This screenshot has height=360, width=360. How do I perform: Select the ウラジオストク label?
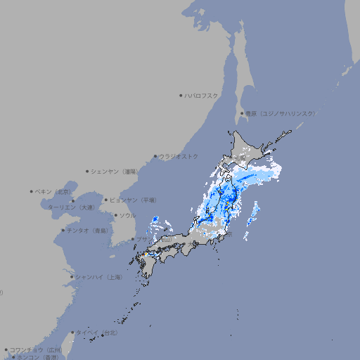[x=179, y=156]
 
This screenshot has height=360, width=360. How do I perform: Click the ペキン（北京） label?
[x=53, y=191]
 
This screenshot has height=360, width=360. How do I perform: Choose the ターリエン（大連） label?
[x=70, y=207]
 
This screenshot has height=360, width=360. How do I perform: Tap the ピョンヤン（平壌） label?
[x=133, y=200]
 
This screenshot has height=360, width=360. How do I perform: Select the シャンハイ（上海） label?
[x=98, y=277]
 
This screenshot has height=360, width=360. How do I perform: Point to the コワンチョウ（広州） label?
[x=35, y=349]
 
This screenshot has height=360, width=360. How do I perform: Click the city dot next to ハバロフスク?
[x=181, y=95]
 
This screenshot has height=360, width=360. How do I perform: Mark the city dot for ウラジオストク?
[x=155, y=156]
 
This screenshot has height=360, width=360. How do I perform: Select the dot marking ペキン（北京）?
[x=31, y=191]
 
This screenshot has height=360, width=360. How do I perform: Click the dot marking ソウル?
[x=115, y=215]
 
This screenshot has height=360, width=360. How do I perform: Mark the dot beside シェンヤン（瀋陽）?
[x=88, y=171]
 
